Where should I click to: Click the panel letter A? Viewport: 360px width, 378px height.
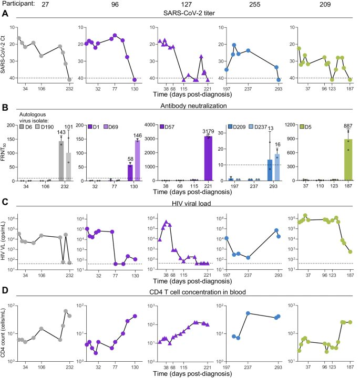[4, 15]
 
